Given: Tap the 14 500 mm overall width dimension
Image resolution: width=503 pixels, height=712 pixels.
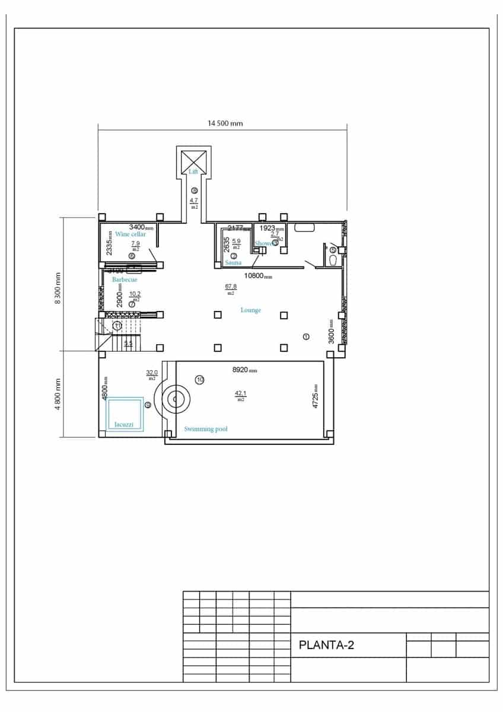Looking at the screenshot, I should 225,123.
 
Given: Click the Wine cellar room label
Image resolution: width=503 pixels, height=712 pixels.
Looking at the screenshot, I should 130,234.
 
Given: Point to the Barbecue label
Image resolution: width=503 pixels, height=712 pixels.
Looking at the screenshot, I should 125,279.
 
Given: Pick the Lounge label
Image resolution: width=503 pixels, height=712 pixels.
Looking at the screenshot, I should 250,310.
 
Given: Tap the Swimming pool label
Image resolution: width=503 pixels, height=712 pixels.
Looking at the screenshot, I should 206,429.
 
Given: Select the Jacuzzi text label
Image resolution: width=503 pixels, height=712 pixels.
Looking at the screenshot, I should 123,425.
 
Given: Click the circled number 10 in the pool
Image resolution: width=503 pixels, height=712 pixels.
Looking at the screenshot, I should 200,380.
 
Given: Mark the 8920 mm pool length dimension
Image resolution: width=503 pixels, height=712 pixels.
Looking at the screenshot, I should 244,370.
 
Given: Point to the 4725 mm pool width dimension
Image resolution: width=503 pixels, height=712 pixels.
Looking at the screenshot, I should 316,396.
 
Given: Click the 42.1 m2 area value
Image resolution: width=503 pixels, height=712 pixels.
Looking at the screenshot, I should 240,394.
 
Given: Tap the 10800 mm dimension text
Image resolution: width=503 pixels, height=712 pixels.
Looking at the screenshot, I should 258,276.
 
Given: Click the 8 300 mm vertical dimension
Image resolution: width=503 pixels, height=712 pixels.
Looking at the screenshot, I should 58,288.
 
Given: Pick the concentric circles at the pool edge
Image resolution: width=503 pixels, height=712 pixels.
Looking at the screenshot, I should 176,399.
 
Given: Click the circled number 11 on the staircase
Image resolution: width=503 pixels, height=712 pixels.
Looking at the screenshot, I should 117,326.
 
